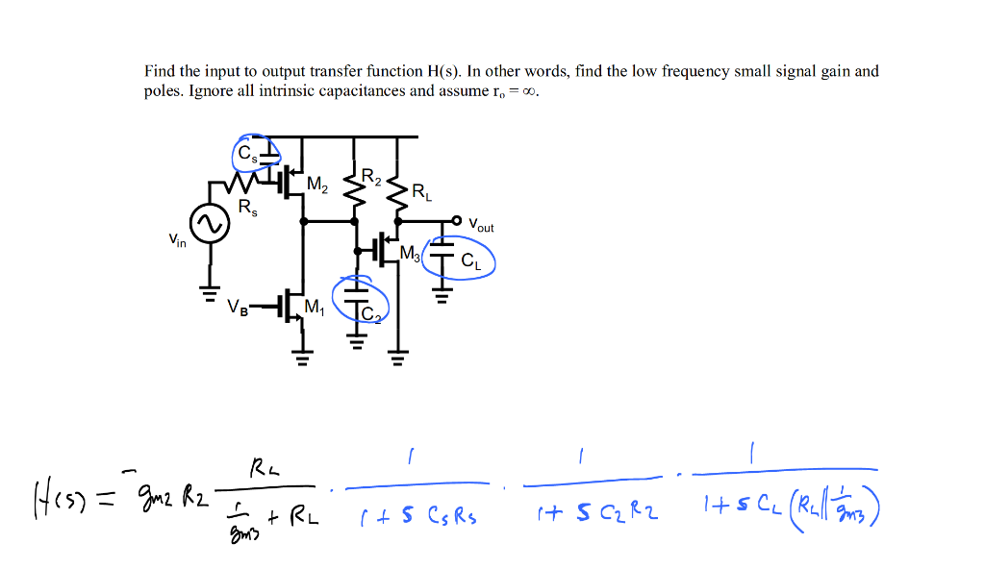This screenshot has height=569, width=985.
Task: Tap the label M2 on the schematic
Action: click(316, 185)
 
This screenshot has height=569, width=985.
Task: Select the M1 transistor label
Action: click(314, 307)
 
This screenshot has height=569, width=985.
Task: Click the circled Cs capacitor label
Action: click(248, 153)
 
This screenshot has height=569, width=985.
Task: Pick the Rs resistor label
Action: click(247, 208)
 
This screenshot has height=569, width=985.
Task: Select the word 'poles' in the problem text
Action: click(163, 91)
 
